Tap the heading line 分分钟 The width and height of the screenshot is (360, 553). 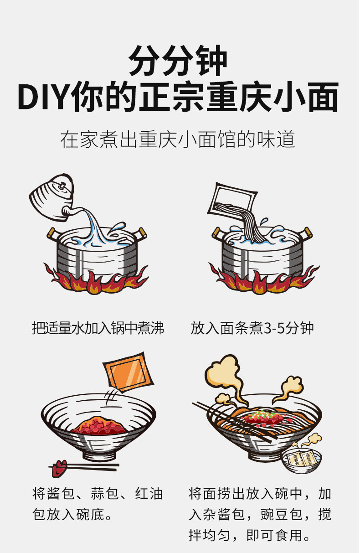coord(178,61)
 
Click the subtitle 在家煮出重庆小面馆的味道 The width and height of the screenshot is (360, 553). coord(178,139)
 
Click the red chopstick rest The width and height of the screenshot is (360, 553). coord(58,469)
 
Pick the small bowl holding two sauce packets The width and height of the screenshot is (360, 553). coord(301,460)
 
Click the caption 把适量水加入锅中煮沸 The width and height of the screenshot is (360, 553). coord(98,328)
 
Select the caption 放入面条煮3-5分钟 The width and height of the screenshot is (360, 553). coord(252,328)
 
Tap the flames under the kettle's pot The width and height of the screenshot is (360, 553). coord(96,279)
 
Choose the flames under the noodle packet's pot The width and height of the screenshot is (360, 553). coord(262,279)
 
